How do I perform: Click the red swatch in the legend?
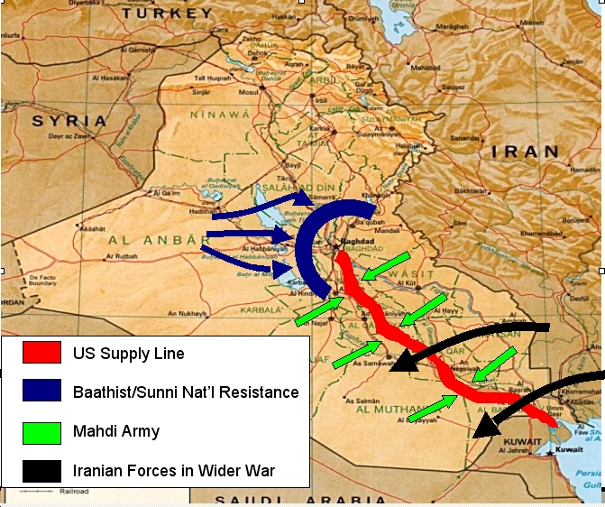click(43, 353)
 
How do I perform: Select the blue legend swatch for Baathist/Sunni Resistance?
click(43, 392)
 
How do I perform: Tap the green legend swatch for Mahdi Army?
click(43, 431)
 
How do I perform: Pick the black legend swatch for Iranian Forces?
click(43, 470)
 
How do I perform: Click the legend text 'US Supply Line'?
click(128, 354)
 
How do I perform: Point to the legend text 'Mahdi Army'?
click(116, 431)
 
